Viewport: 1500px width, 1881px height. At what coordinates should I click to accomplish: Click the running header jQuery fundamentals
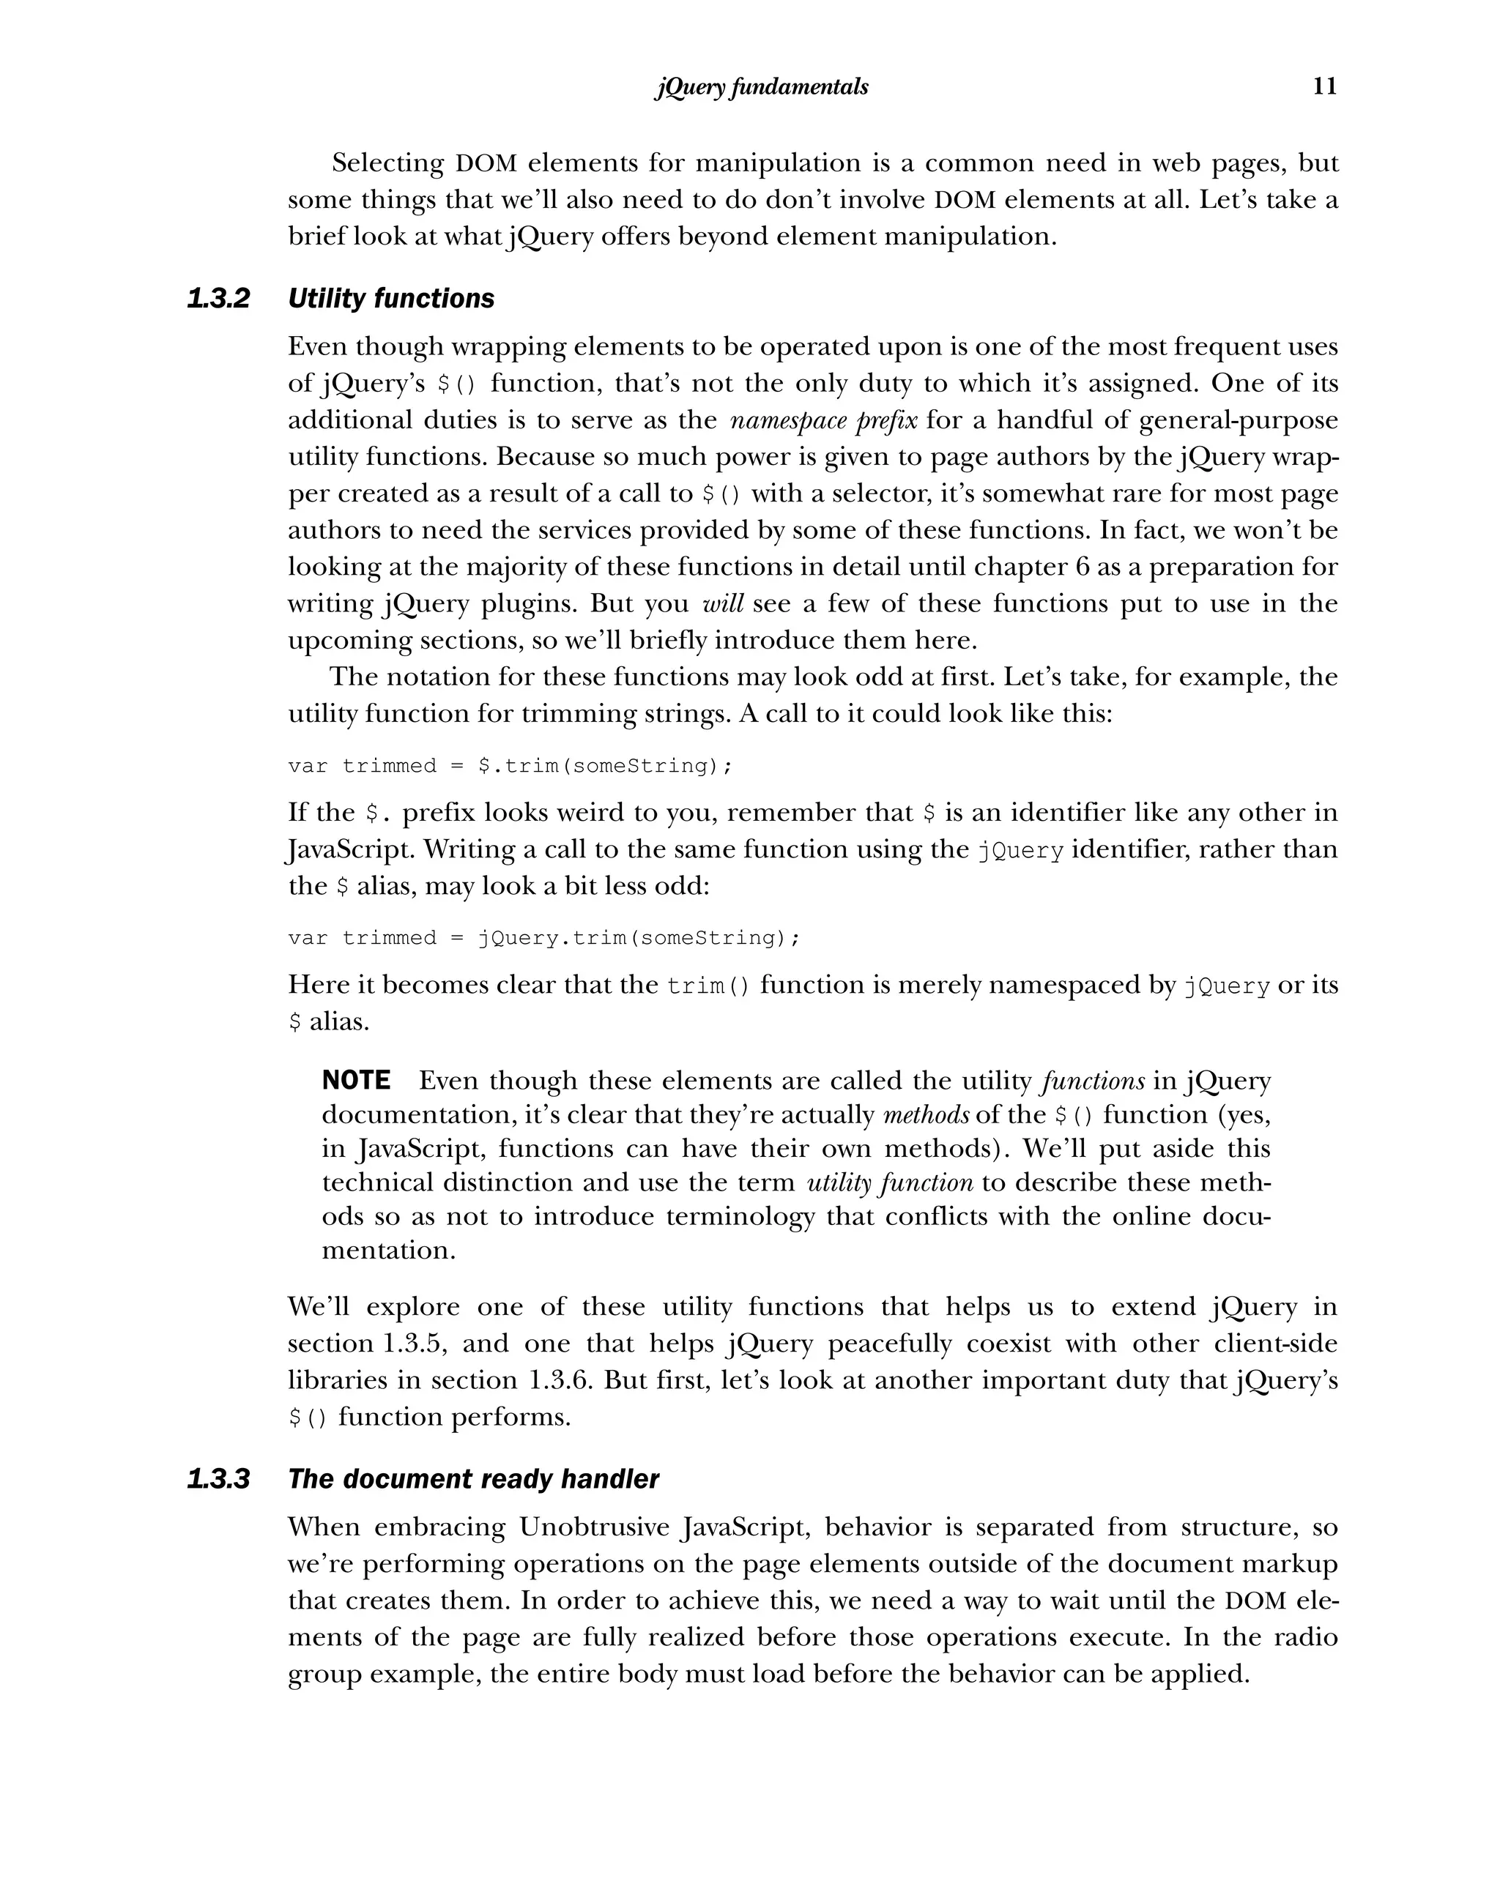761,87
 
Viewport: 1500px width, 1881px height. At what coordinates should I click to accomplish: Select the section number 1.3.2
218,299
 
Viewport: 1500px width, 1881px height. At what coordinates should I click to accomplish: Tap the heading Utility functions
391,299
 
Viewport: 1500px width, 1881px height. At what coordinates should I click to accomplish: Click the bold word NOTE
356,1081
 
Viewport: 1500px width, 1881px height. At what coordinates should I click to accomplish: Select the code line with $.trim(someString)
510,766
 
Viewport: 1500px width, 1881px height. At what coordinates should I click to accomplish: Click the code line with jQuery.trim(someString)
543,938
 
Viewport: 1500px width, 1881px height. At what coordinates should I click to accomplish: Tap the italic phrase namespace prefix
823,420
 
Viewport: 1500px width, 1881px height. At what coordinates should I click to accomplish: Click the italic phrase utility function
889,1183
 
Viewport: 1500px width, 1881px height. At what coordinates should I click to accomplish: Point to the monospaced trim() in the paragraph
708,986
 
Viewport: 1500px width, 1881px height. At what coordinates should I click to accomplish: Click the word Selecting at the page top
388,163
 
